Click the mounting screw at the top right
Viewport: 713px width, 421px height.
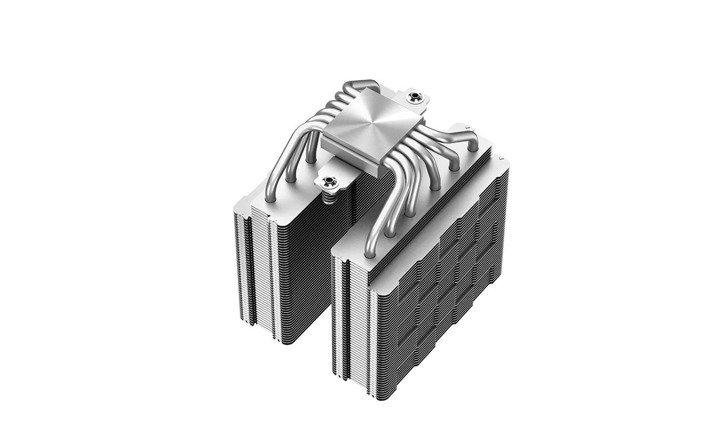pyautogui.click(x=414, y=97)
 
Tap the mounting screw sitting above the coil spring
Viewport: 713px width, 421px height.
pyautogui.click(x=327, y=181)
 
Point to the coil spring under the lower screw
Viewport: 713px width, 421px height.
pyautogui.click(x=327, y=196)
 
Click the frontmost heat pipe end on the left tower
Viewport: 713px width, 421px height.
pyautogui.click(x=270, y=198)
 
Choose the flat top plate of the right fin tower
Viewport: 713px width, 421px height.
pyautogui.click(x=421, y=208)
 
